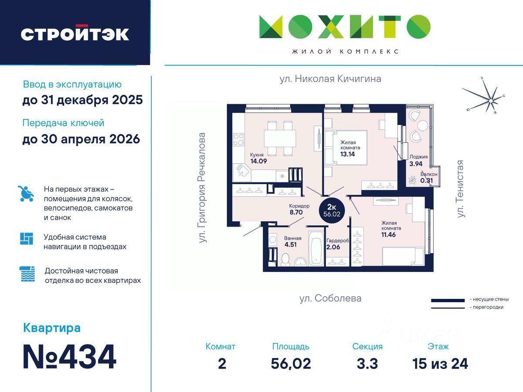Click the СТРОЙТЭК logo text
[x=75, y=34]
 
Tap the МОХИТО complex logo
[x=345, y=27]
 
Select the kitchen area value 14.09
[x=258, y=161]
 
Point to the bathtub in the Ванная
[x=316, y=248]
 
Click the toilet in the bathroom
[x=285, y=260]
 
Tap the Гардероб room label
[x=338, y=240]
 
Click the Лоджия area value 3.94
[x=416, y=164]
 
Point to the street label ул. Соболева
[x=330, y=298]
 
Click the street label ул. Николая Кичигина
[x=330, y=79]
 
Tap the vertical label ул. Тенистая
[x=461, y=189]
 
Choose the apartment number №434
[x=69, y=357]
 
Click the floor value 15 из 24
[x=440, y=364]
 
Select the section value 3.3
[x=367, y=364]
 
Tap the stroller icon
[x=26, y=193]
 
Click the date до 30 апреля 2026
[x=81, y=139]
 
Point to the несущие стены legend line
[x=448, y=301]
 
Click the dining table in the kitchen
[x=280, y=138]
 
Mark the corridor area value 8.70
[x=296, y=212]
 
